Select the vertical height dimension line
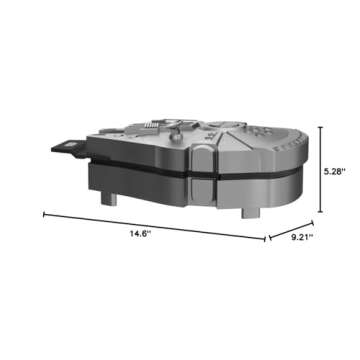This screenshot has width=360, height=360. [320, 167]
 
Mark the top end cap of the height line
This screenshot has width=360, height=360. [320, 124]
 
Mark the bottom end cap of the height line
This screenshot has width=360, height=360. [320, 211]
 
